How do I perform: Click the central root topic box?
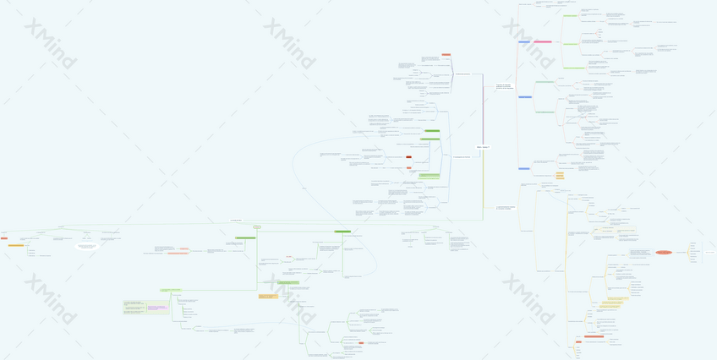click(483, 147)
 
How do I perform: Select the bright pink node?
click(542, 41)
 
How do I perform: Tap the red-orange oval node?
click(664, 252)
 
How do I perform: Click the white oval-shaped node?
click(87, 246)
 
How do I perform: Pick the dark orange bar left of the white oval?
click(16, 245)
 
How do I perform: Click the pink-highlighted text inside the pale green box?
click(157, 308)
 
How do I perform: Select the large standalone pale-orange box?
click(268, 296)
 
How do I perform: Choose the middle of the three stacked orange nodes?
click(560, 176)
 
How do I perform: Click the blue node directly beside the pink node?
click(524, 41)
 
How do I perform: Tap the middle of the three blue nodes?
click(524, 97)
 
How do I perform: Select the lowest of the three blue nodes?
click(524, 168)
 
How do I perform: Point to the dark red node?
click(408, 156)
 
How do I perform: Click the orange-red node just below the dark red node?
click(408, 167)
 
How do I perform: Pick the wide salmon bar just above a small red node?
click(594, 336)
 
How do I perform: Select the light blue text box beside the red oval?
click(639, 252)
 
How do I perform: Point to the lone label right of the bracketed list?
click(710, 252)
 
